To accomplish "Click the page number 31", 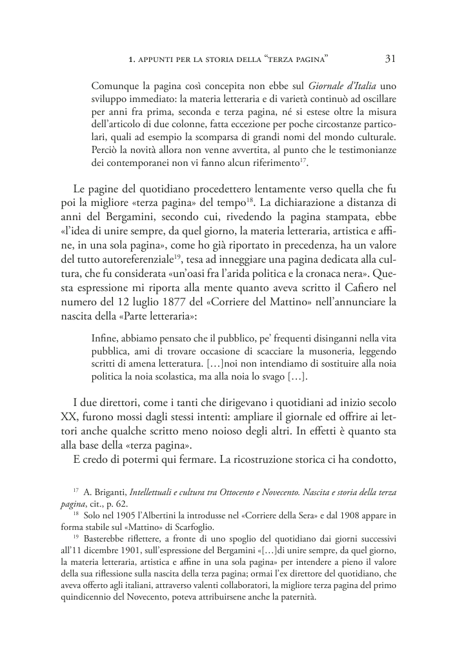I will pos(390,59).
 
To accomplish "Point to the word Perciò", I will pos(106,150).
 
